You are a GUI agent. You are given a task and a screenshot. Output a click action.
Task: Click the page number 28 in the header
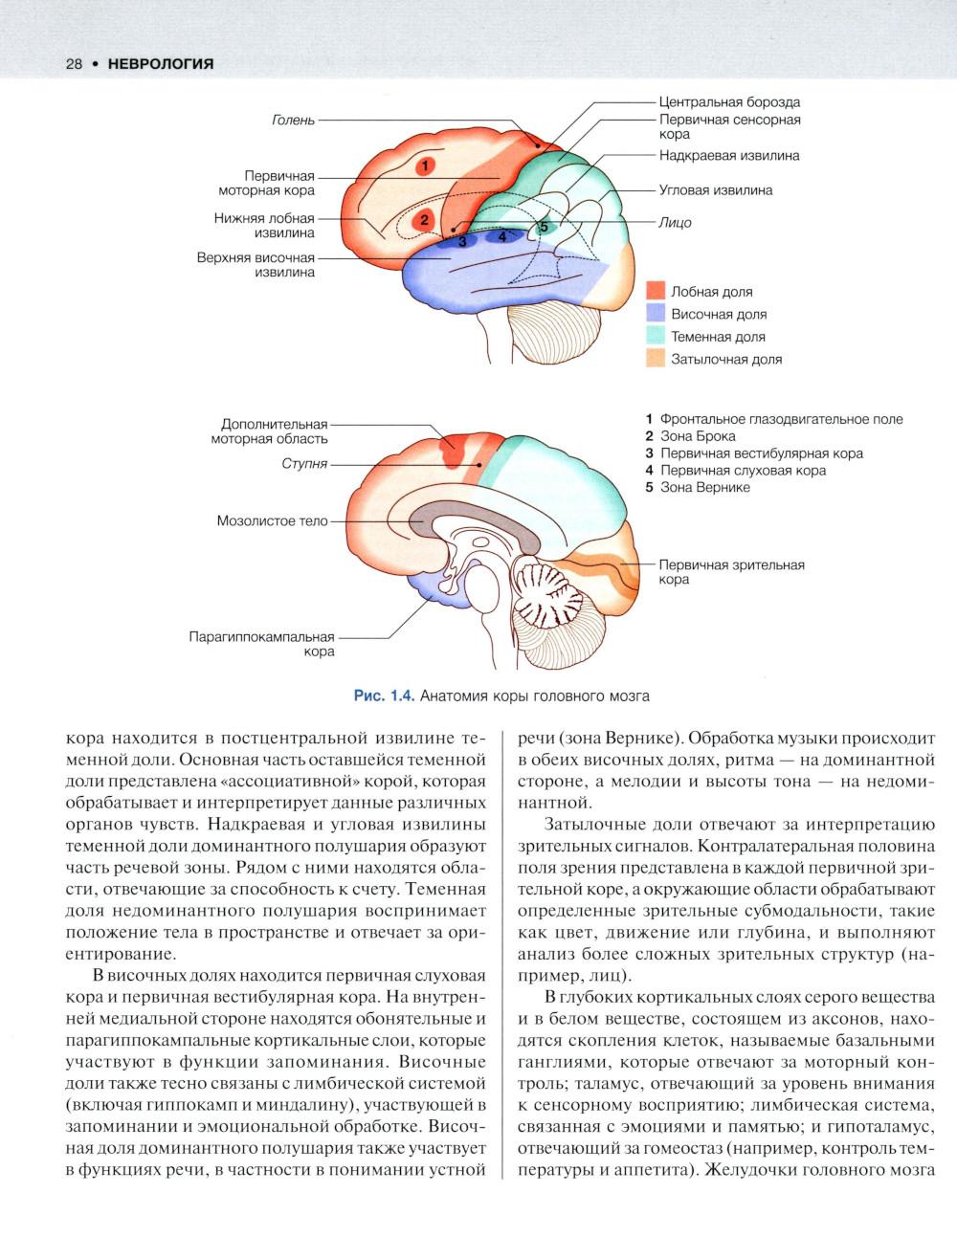tap(73, 64)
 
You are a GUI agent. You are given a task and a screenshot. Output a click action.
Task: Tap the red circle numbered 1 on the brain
tap(426, 166)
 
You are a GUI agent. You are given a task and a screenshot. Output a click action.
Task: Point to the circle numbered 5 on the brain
tap(543, 228)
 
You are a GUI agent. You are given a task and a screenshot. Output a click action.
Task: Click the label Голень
tap(293, 121)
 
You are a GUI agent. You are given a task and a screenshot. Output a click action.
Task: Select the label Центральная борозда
tap(729, 101)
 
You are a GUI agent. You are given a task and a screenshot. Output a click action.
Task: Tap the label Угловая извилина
tap(715, 190)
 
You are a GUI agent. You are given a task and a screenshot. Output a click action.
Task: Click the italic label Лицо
tap(675, 222)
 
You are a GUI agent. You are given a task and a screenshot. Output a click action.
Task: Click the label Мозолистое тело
tap(272, 521)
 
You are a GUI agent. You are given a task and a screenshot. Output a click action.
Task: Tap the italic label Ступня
tap(304, 463)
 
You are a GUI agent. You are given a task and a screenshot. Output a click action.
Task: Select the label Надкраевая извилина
tap(728, 155)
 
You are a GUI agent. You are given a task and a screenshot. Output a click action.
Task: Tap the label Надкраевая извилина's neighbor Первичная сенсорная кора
tap(729, 127)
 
